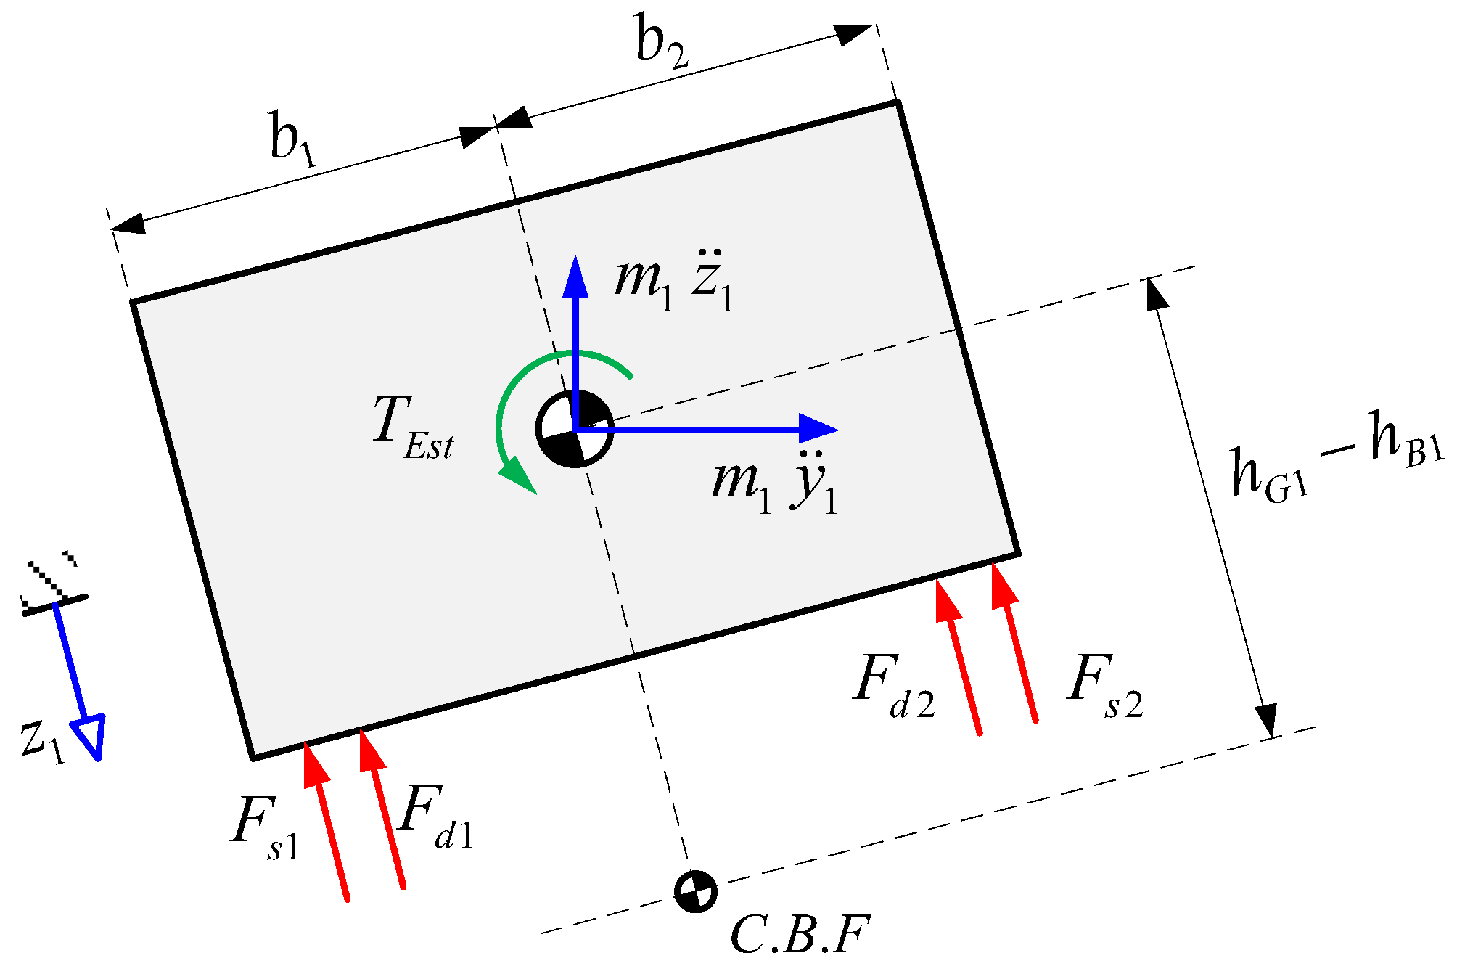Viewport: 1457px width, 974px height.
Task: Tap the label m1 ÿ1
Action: (x=774, y=484)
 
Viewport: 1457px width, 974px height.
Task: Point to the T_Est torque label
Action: (x=412, y=427)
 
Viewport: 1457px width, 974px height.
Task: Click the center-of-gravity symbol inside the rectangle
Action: (x=574, y=429)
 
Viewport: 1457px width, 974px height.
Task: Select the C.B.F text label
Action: (x=799, y=935)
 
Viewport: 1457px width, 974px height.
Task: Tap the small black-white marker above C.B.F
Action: (x=695, y=891)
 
